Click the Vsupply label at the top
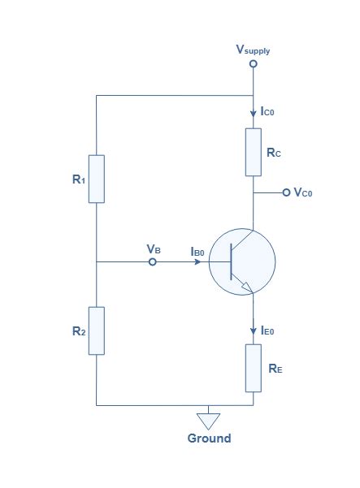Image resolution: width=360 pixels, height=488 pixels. click(253, 50)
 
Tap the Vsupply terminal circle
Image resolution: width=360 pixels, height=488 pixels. click(253, 63)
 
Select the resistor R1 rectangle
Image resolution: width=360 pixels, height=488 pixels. click(97, 179)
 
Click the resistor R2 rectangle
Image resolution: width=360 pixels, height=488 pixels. click(97, 330)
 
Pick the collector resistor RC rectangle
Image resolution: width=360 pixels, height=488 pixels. click(253, 152)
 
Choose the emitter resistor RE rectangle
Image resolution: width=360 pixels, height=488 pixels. click(253, 368)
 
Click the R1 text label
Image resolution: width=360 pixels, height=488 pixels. click(78, 179)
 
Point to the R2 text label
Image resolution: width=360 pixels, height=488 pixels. click(78, 331)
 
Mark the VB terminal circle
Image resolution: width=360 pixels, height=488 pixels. click(153, 262)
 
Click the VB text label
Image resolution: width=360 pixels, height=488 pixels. click(153, 248)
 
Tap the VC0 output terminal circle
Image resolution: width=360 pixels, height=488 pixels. click(285, 192)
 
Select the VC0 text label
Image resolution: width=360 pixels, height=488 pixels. click(303, 192)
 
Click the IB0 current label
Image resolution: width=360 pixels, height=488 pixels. click(197, 253)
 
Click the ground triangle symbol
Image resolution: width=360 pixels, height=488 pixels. click(210, 420)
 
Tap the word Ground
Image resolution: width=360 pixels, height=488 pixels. click(210, 438)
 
